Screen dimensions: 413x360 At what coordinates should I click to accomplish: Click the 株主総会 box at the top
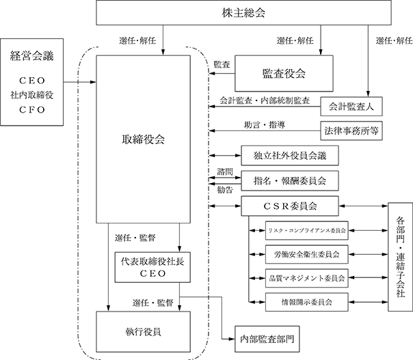(243, 12)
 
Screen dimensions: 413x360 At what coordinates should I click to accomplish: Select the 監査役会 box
(284, 73)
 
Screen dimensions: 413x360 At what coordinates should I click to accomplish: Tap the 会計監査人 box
(351, 107)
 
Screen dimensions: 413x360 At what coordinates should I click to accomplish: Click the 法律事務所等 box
(351, 130)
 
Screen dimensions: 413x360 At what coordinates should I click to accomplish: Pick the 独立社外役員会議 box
(290, 156)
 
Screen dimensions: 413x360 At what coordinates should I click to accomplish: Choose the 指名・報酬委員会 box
(290, 181)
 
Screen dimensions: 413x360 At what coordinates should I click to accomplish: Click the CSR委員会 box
(290, 206)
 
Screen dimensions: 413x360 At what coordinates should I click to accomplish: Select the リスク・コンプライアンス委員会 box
(306, 230)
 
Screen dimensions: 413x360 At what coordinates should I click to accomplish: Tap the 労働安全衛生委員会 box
(306, 255)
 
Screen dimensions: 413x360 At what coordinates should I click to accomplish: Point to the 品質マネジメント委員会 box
(306, 278)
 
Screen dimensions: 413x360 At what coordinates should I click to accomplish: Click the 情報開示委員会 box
(306, 302)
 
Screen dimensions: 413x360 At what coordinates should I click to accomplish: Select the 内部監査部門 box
(267, 339)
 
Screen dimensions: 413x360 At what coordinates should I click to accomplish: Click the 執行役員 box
(144, 332)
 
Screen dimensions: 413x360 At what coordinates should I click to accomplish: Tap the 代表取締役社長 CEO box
(152, 267)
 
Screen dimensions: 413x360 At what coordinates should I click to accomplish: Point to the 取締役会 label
(144, 139)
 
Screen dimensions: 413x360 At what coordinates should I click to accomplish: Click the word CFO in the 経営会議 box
(32, 110)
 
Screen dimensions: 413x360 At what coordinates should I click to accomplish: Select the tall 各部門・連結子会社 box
(401, 257)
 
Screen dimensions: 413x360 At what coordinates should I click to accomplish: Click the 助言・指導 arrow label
(265, 125)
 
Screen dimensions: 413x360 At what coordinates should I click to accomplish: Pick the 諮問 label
(225, 172)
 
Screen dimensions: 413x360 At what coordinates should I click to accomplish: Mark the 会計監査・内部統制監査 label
(265, 100)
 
